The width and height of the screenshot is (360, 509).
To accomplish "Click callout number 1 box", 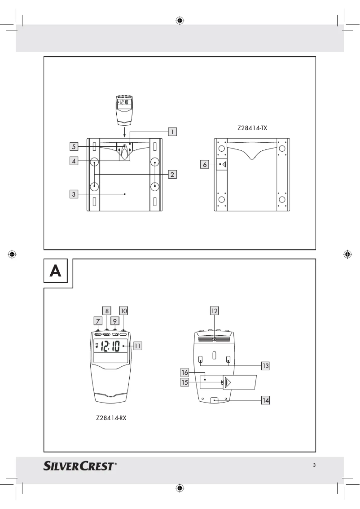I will tap(172, 132).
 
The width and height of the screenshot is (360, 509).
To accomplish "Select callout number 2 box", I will tap(172, 174).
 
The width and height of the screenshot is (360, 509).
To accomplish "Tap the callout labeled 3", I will tap(73, 194).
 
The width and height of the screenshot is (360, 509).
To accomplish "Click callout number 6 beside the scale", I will tap(205, 165).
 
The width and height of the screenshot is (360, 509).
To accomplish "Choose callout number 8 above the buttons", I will tap(107, 310).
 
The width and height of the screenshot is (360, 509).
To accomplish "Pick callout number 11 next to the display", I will tap(137, 346).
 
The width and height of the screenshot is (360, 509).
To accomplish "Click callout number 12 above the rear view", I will tap(215, 310).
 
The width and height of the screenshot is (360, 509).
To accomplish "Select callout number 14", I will tap(266, 400).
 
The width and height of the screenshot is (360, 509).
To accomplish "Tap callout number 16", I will tap(184, 373).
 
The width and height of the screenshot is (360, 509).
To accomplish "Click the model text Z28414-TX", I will tap(252, 128).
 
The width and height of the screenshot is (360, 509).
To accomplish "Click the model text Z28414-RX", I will tap(111, 417).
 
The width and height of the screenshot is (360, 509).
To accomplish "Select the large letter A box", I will tap(55, 271).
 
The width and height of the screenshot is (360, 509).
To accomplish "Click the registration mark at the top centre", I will tap(180, 20).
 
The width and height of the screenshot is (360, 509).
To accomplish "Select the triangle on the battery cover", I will tap(228, 382).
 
